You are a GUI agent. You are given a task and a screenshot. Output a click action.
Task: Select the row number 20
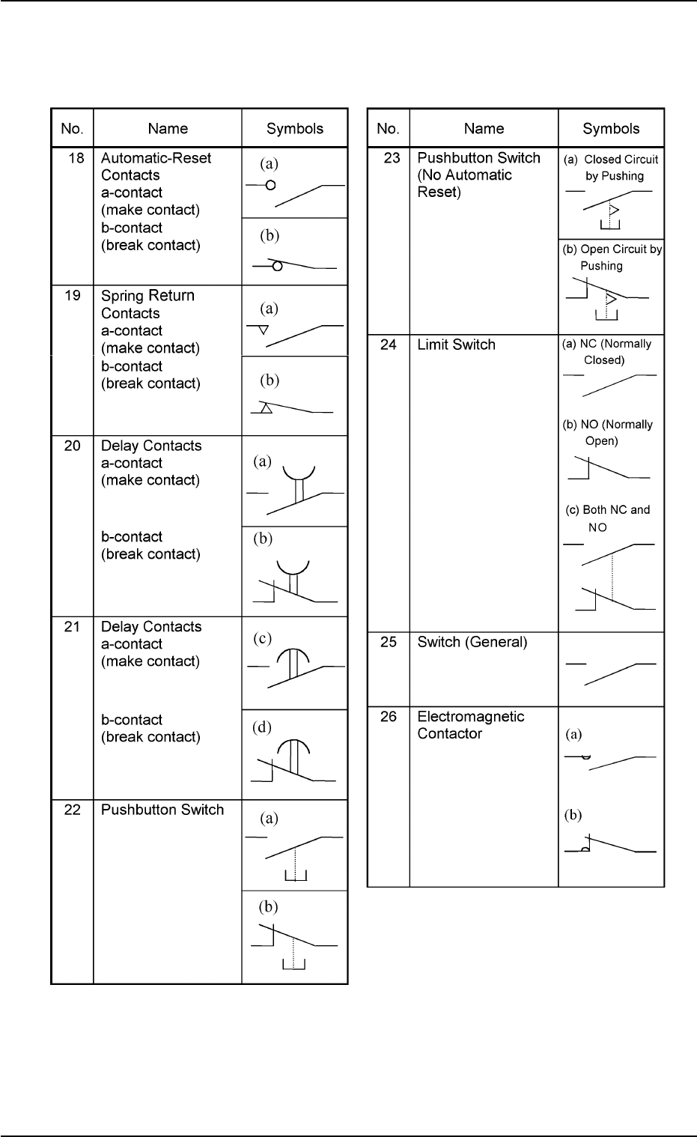(73, 446)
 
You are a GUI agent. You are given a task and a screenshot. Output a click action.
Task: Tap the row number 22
(72, 810)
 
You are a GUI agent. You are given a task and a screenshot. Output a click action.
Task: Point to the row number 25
(389, 642)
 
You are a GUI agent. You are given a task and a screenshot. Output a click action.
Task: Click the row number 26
(389, 717)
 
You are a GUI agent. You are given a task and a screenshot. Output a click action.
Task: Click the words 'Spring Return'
(147, 296)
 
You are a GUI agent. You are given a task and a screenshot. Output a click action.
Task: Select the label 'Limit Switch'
(456, 345)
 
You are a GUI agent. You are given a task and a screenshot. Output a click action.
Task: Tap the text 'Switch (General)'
(472, 642)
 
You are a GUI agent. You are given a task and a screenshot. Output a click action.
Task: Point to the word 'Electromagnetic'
(470, 717)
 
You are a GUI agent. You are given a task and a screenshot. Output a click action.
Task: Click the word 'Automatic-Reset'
(156, 158)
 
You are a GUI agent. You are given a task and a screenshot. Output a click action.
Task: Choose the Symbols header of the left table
(295, 129)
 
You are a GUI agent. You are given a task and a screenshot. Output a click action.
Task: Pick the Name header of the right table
(484, 129)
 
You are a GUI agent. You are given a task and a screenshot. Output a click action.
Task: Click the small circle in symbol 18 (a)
(270, 184)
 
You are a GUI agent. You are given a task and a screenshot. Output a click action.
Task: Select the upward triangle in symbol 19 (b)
(266, 409)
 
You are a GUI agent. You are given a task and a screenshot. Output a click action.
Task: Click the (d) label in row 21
(261, 727)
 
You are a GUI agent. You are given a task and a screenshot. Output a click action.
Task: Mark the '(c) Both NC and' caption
(607, 510)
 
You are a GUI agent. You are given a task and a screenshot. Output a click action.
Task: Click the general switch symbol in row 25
(612, 672)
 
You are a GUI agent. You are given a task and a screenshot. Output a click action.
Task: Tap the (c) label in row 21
(261, 639)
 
